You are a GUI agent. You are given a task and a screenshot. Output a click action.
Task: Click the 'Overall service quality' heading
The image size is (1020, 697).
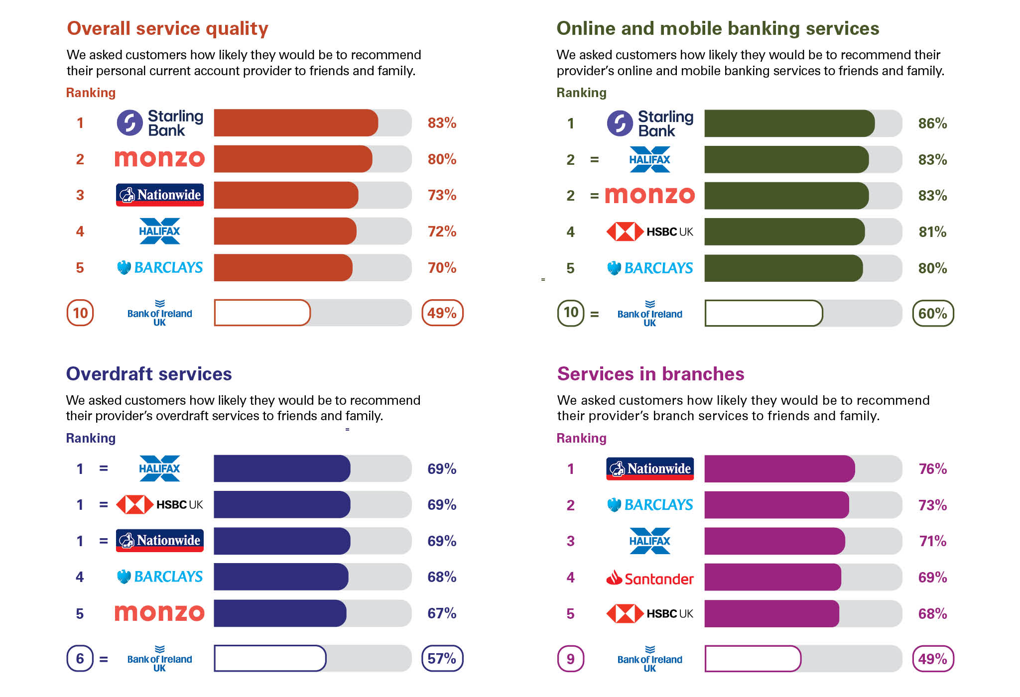tap(167, 29)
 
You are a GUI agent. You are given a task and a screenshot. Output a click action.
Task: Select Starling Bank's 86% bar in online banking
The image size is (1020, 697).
tap(789, 123)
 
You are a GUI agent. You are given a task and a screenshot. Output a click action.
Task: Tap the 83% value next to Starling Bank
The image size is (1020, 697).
tap(442, 123)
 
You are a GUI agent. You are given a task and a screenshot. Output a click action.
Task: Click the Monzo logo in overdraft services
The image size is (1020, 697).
tap(159, 613)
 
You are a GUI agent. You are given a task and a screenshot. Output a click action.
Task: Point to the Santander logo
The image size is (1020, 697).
tap(649, 578)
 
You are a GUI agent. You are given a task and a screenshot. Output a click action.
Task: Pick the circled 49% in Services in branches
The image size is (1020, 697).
tap(932, 659)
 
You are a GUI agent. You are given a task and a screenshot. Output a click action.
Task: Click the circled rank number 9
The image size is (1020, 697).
tap(570, 659)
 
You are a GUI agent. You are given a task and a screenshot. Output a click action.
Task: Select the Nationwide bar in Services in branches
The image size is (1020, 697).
tap(779, 468)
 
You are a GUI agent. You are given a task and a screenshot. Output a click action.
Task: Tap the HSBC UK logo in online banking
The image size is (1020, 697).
tap(649, 232)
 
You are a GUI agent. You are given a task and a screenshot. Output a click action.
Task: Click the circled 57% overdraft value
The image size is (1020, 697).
tap(442, 658)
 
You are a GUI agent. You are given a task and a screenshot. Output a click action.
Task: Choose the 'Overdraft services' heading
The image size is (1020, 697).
tap(149, 374)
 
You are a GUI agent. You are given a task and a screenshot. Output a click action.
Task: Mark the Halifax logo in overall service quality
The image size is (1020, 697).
tap(159, 231)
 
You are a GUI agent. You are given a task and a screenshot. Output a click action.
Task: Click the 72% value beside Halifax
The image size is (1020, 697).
tap(442, 231)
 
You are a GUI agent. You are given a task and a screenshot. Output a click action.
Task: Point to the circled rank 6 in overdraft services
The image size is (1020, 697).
tap(80, 658)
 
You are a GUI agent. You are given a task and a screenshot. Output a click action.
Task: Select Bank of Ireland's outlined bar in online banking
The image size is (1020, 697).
tap(764, 313)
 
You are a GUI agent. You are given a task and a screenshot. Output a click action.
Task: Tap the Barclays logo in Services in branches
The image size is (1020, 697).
tap(649, 505)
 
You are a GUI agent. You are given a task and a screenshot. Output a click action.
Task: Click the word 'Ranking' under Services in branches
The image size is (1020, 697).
tap(581, 438)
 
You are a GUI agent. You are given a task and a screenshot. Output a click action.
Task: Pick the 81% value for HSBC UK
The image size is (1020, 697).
tap(932, 232)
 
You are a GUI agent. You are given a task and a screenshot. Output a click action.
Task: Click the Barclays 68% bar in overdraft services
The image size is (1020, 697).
tap(281, 577)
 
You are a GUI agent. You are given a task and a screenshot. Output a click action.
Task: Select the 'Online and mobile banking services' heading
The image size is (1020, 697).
tap(718, 29)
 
